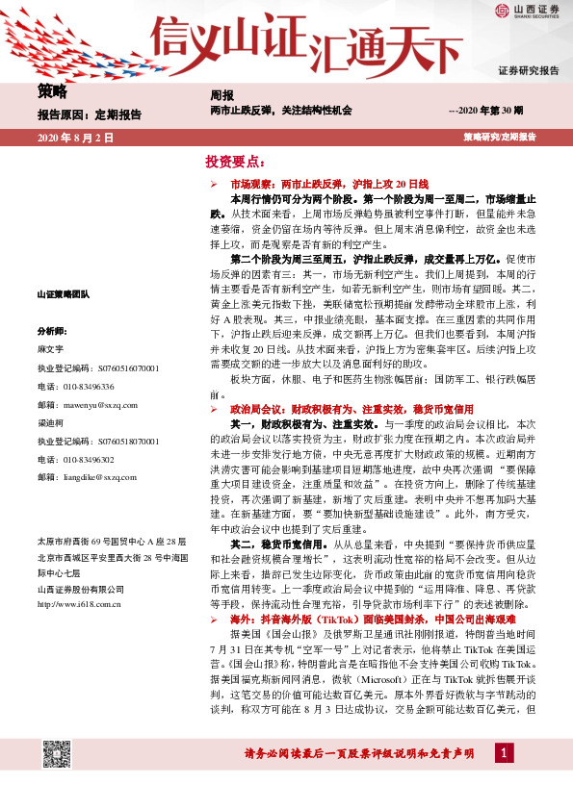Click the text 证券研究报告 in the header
[528, 71]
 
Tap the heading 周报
[221, 95]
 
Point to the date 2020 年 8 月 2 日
[75, 139]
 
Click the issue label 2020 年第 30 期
[486, 112]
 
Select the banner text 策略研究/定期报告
[500, 139]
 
